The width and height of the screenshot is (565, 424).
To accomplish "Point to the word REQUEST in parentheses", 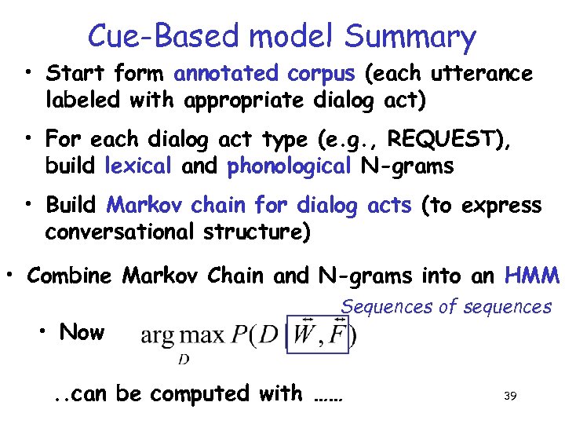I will click(444, 140).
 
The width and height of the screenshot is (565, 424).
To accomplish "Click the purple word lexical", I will click(137, 166).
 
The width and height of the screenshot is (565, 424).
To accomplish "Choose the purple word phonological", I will click(288, 166).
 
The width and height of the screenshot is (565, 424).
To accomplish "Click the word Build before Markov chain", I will click(71, 206).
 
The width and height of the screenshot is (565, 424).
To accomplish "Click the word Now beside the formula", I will click(82, 332).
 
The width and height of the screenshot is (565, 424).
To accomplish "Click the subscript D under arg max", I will click(184, 359).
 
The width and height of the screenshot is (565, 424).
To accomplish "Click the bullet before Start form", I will click(27, 75).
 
